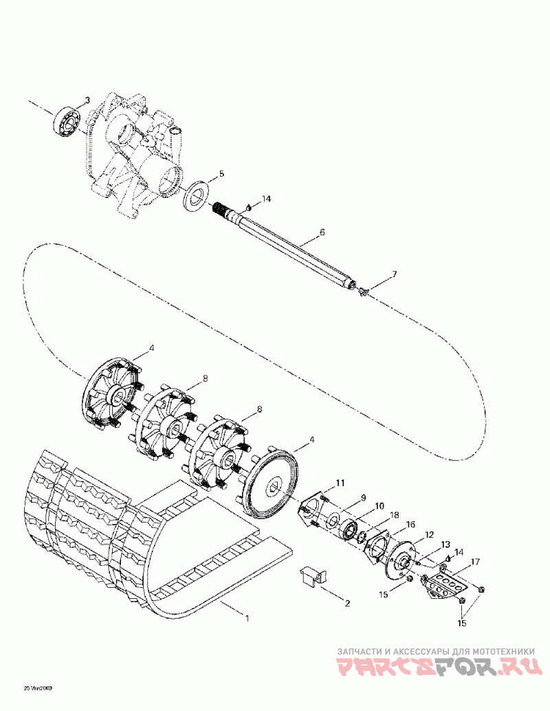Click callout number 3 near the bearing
pyautogui.click(x=87, y=102)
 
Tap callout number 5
pyautogui.click(x=221, y=173)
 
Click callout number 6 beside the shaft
pyautogui.click(x=322, y=234)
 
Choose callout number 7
pyautogui.click(x=394, y=274)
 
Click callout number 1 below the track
pyautogui.click(x=247, y=617)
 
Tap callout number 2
pyautogui.click(x=347, y=603)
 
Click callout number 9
pyautogui.click(x=363, y=498)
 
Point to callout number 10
pyautogui.click(x=379, y=507)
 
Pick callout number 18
pyautogui.click(x=395, y=515)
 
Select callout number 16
pyautogui.click(x=411, y=525)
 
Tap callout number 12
pyautogui.click(x=428, y=534)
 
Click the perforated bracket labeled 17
pyautogui.click(x=448, y=587)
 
